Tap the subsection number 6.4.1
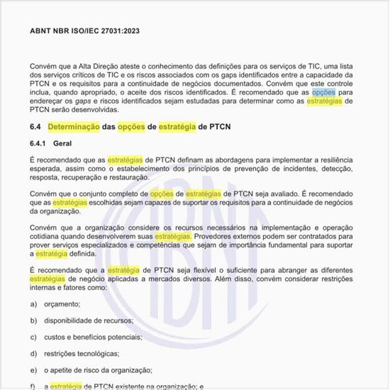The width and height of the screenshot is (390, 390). coord(39,143)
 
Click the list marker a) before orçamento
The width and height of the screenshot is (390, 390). coord(34,303)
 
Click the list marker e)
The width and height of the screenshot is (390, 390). coord(34,369)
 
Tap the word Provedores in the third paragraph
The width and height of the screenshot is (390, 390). coord(213,235)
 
